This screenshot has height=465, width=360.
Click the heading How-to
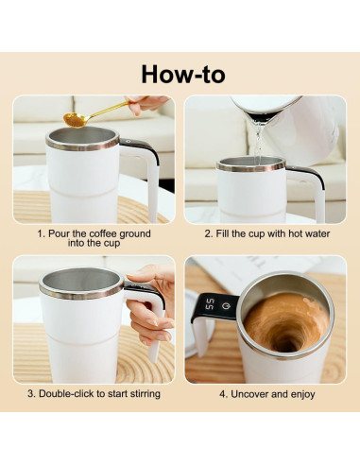(x=183, y=73)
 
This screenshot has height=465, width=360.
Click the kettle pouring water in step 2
(x=283, y=114)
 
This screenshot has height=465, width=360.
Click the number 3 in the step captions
(x=31, y=393)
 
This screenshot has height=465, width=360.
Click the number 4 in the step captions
(x=222, y=393)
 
